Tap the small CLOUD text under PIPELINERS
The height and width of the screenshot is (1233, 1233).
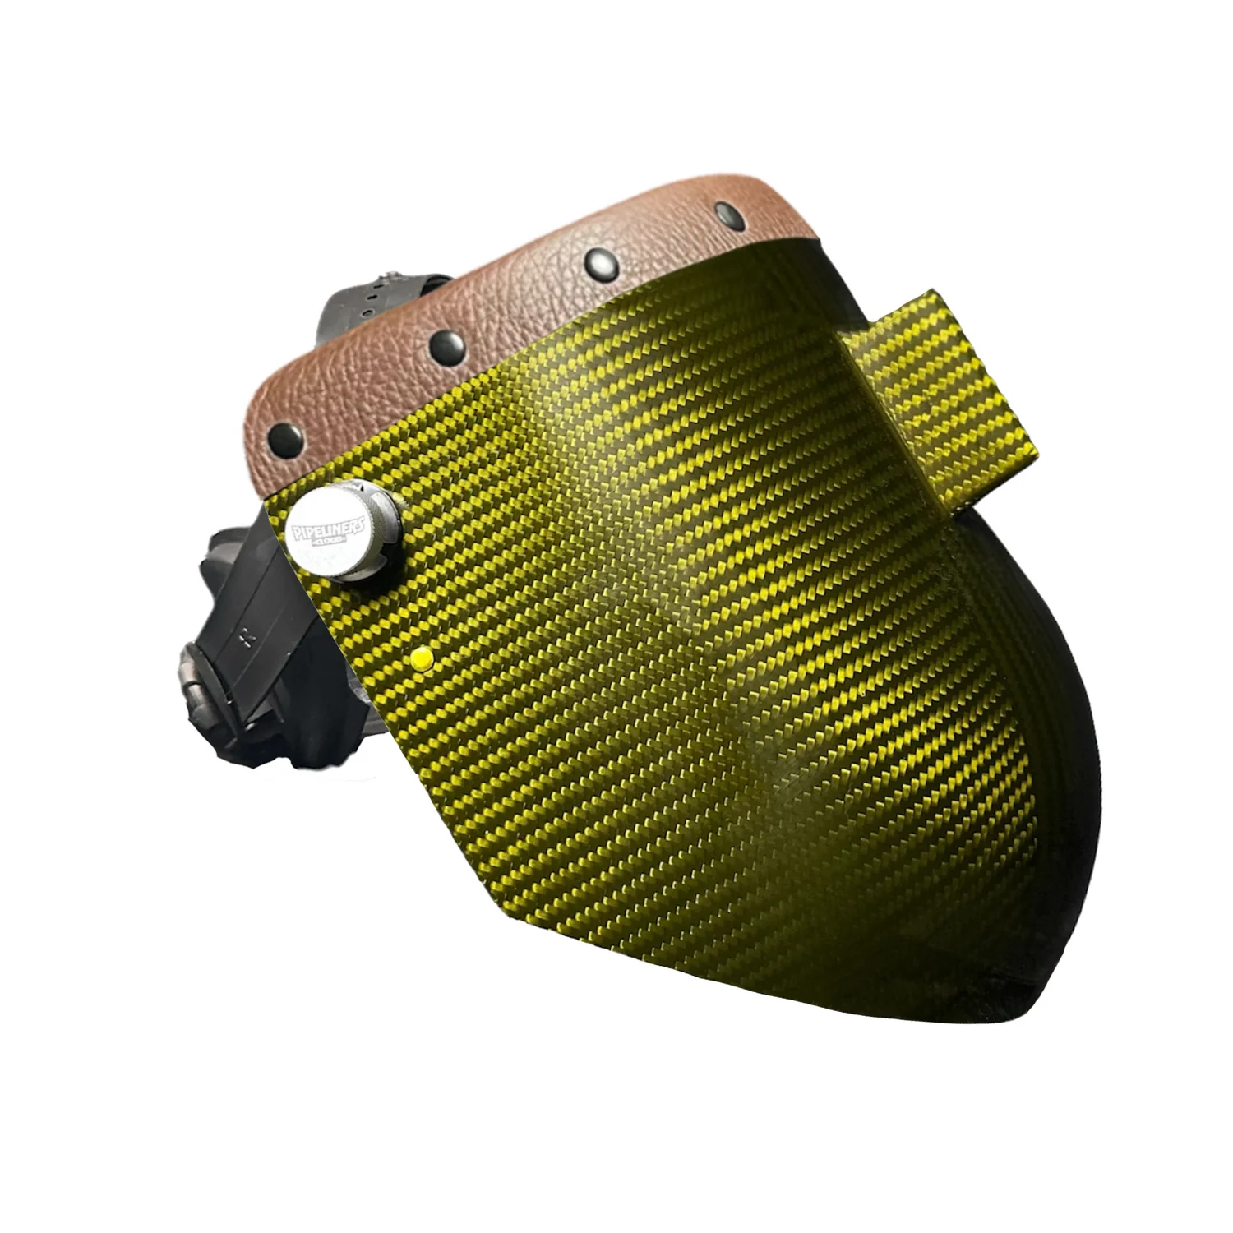point(333,543)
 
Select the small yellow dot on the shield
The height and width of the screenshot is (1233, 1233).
point(422,658)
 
